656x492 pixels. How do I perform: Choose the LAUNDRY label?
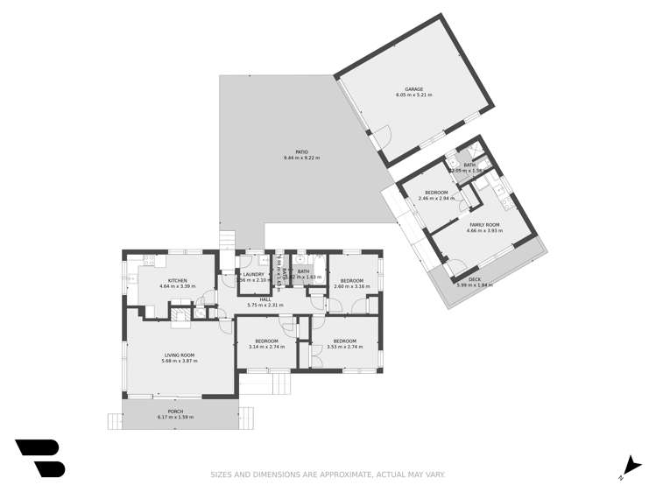255,274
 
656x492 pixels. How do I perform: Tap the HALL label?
265,299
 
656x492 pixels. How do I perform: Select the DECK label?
474,279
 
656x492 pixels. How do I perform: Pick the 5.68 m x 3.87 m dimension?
179,361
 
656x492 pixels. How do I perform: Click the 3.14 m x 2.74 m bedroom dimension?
266,347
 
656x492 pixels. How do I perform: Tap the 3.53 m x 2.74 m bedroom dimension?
343,347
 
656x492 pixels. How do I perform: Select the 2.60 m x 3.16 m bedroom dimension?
351,286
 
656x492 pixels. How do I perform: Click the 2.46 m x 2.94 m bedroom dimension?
436,199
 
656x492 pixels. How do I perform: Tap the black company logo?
39,458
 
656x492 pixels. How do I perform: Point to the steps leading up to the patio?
228,239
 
